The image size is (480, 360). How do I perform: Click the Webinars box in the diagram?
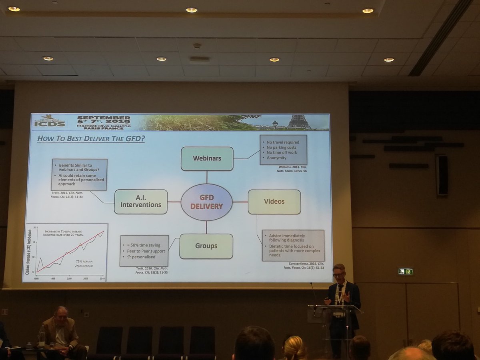point(207,158)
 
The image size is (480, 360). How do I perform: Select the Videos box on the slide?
point(274,202)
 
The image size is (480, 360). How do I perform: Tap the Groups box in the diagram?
point(206,246)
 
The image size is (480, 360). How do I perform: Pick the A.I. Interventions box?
point(140,202)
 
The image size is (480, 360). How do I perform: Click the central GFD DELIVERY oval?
point(206,202)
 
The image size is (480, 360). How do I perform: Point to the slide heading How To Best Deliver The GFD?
point(91,139)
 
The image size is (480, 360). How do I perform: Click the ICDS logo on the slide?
point(49,122)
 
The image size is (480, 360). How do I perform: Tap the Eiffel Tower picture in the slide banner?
point(299,121)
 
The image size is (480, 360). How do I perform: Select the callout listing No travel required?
point(283,150)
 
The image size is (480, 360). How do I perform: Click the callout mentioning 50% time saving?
point(144,250)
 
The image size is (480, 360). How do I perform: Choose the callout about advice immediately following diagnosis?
point(293,245)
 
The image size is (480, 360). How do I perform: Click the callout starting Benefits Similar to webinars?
point(79,174)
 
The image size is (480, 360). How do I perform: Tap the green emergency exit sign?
point(405,272)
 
